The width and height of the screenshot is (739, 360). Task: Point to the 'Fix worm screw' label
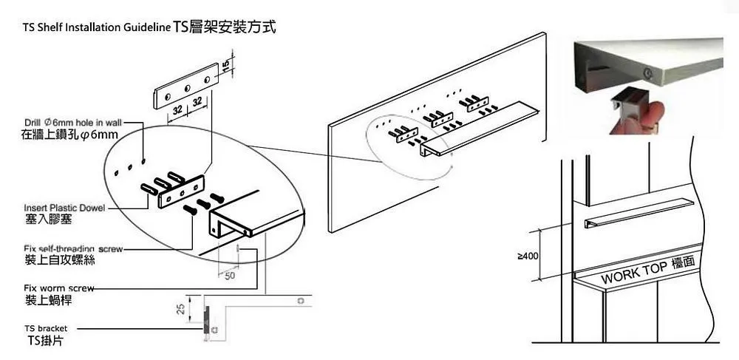pos(59,288)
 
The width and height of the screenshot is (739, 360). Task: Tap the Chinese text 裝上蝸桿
pos(49,301)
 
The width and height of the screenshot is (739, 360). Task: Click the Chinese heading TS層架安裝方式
pos(225,28)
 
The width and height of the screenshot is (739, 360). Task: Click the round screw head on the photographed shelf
pos(647,73)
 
